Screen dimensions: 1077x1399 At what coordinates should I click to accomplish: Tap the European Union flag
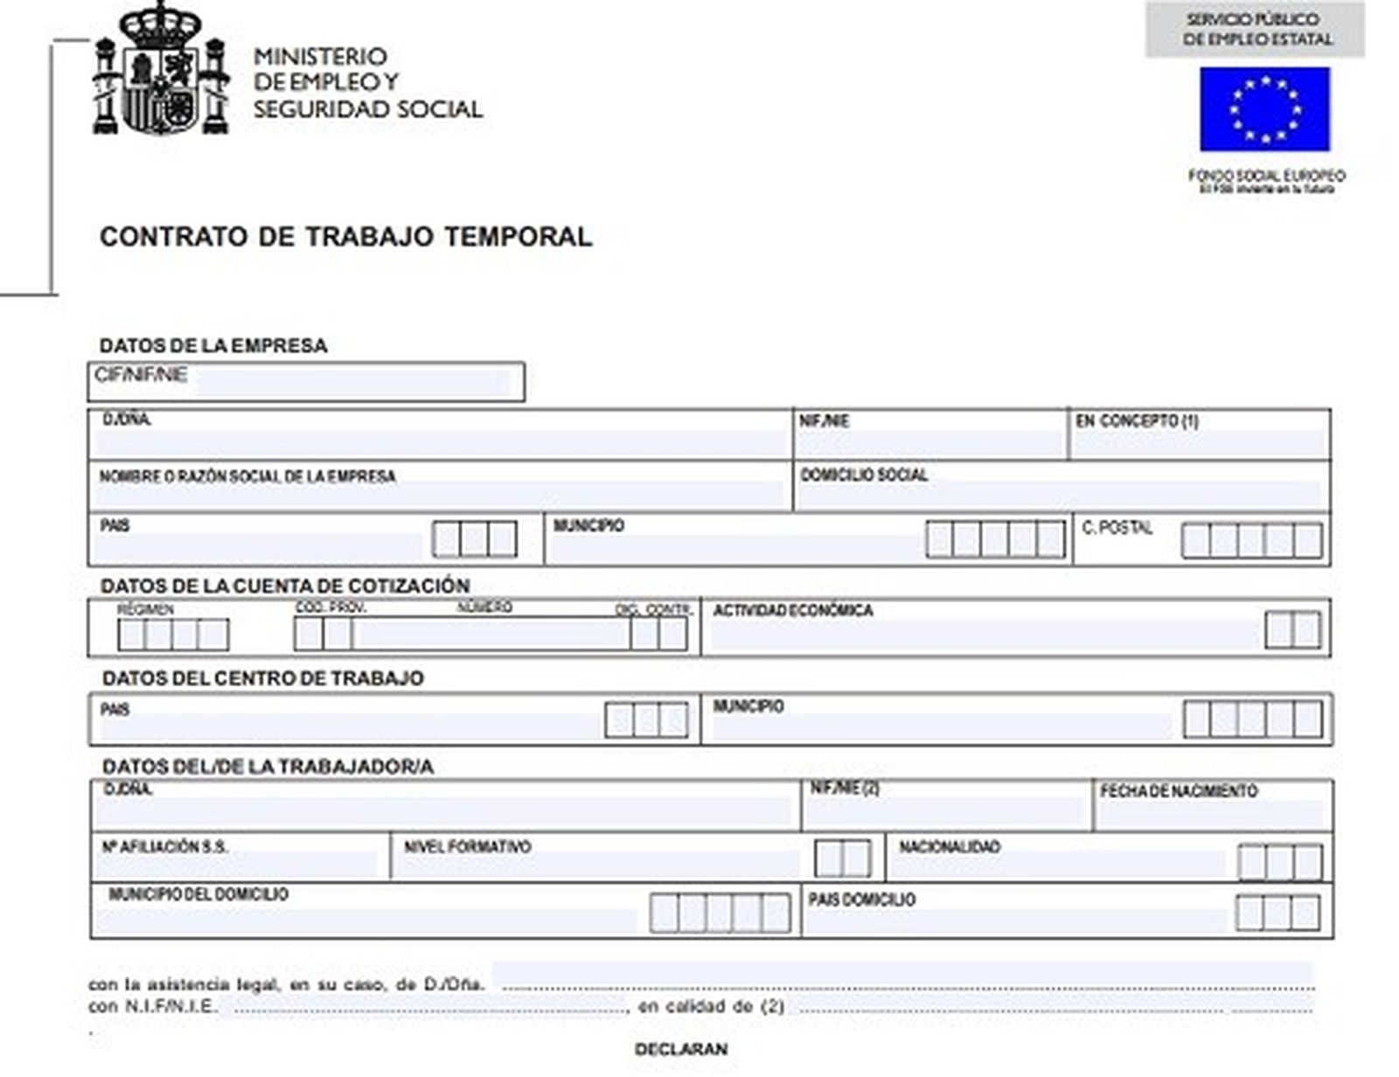click(1264, 109)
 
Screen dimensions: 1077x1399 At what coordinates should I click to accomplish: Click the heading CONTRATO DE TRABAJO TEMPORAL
click(346, 237)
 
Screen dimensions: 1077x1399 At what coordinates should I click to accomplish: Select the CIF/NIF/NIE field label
click(141, 376)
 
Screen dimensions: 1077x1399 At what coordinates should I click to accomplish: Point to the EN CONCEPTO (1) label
click(1137, 421)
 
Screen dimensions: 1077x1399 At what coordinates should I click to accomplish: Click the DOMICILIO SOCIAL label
click(864, 476)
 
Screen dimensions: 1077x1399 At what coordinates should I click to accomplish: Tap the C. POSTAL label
click(1117, 528)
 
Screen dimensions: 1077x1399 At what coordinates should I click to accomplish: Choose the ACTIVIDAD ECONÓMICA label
click(793, 611)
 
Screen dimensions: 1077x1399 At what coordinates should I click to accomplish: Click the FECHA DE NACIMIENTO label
click(1179, 791)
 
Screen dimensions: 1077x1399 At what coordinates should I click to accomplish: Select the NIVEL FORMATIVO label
click(467, 847)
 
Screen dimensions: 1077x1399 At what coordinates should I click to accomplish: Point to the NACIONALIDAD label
click(950, 847)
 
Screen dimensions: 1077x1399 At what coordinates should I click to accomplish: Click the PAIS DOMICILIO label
click(861, 900)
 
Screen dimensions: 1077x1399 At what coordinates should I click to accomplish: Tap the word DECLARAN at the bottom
click(681, 1049)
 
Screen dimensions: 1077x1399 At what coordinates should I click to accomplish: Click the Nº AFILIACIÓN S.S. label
click(165, 847)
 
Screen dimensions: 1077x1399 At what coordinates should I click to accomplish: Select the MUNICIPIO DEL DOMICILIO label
click(198, 895)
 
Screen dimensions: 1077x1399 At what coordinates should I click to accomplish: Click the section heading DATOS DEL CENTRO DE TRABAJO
click(263, 678)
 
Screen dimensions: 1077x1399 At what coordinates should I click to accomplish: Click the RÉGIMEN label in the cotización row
click(146, 609)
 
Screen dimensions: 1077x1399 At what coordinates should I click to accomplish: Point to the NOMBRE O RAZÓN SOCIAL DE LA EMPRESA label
click(247, 477)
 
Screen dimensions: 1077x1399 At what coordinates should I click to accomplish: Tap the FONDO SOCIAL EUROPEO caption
click(1266, 177)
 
